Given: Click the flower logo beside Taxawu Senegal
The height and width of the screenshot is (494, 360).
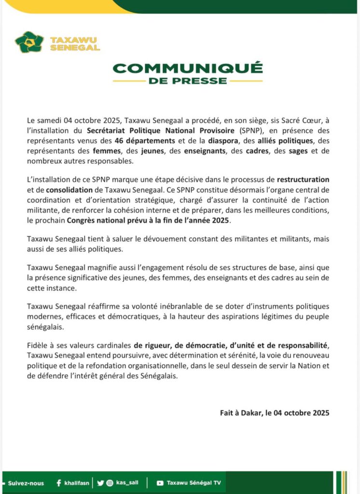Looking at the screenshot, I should tap(29, 42).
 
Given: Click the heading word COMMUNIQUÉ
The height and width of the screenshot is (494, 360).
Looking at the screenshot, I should tap(188, 67).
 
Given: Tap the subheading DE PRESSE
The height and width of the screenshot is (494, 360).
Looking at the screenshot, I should tap(188, 81).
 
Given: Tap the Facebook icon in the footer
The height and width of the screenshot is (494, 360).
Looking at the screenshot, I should tap(58, 483).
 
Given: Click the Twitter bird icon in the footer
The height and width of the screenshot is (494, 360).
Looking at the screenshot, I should tap(100, 483).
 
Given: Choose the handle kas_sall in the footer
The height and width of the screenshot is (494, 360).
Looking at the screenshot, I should tap(127, 483).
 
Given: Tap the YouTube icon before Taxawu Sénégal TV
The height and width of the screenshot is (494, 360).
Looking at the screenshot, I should tap(160, 483).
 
